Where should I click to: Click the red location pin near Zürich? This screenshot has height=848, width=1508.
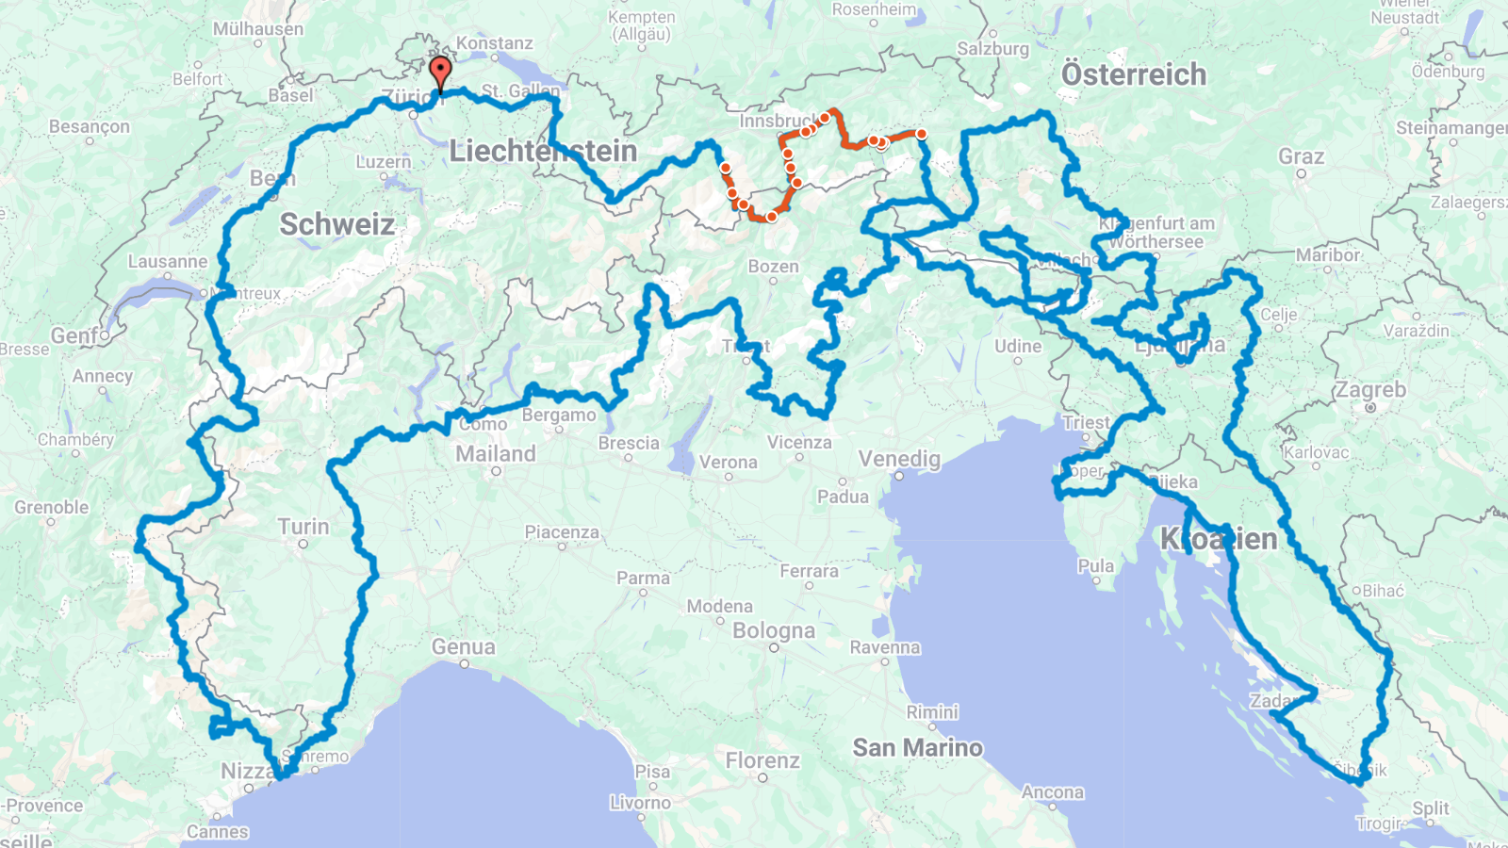tap(440, 72)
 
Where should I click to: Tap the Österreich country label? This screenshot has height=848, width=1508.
tap(1133, 74)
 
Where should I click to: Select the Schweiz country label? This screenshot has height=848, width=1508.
tap(336, 224)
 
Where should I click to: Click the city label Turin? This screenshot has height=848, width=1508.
tap(303, 527)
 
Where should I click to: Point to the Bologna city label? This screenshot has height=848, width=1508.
tap(773, 630)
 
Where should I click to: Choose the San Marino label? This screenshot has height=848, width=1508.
tap(917, 748)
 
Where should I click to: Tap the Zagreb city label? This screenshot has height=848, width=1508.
tap(1370, 390)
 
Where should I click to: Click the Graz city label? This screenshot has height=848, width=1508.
tap(1301, 156)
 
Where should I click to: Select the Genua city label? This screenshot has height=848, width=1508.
tap(463, 647)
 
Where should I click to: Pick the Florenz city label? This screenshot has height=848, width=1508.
tap(762, 760)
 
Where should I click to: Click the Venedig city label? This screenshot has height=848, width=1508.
tap(899, 459)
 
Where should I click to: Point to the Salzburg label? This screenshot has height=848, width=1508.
tap(992, 49)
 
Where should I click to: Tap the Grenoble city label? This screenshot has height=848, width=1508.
tap(52, 508)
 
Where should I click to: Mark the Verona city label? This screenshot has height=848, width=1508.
tap(728, 463)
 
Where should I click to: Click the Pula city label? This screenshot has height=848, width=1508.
tap(1095, 566)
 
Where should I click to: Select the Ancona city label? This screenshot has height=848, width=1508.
tap(1052, 792)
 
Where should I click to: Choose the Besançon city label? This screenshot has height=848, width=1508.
tap(90, 127)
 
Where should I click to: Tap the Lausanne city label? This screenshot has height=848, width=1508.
tap(168, 262)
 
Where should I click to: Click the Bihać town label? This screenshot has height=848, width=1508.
tap(1383, 591)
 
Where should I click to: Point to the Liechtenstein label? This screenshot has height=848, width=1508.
tap(543, 151)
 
